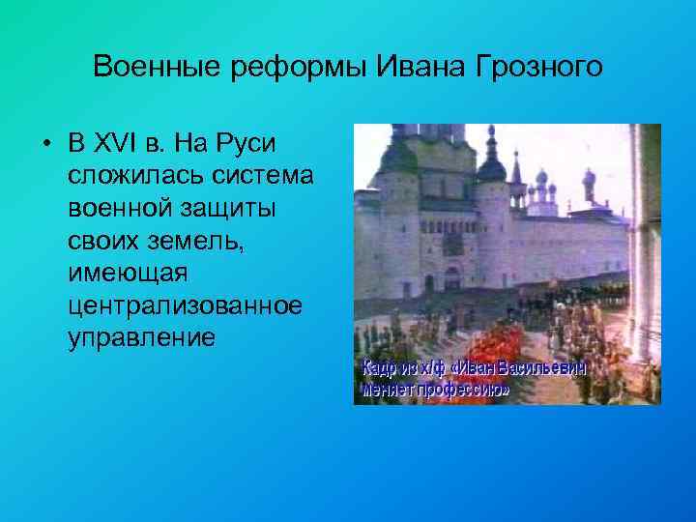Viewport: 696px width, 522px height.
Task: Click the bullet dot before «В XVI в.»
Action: pos(46,144)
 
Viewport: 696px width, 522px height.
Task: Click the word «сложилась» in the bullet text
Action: pos(124,175)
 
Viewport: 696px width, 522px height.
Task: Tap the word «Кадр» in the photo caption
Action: pos(381,368)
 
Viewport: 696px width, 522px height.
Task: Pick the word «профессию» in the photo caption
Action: pos(463,391)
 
